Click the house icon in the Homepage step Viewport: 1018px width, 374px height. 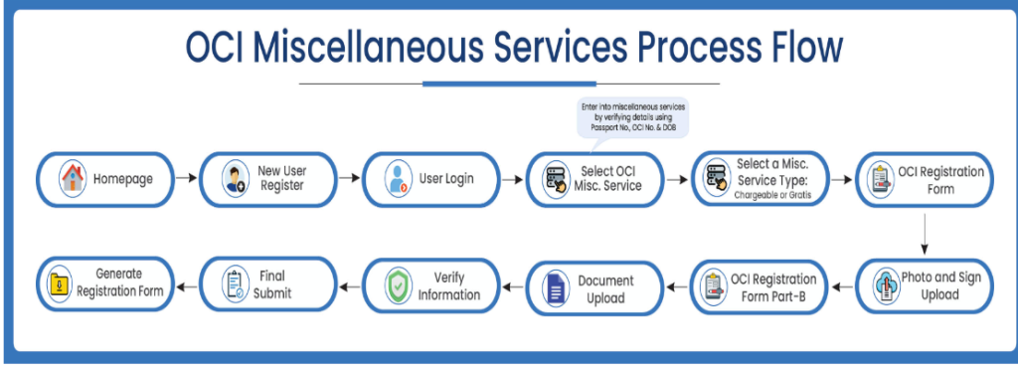pos(72,180)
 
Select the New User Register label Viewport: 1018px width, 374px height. pos(283,179)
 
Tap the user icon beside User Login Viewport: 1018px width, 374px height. pos(397,180)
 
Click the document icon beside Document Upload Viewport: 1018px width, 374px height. pos(555,287)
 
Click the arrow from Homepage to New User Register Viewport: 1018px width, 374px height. pos(186,180)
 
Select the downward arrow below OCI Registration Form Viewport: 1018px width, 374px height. pos(925,233)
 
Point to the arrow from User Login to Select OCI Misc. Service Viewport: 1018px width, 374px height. pos(511,180)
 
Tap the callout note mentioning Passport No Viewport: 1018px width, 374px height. pos(634,116)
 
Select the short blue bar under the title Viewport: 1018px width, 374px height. pos(508,84)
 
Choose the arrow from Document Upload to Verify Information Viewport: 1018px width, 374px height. pos(510,286)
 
